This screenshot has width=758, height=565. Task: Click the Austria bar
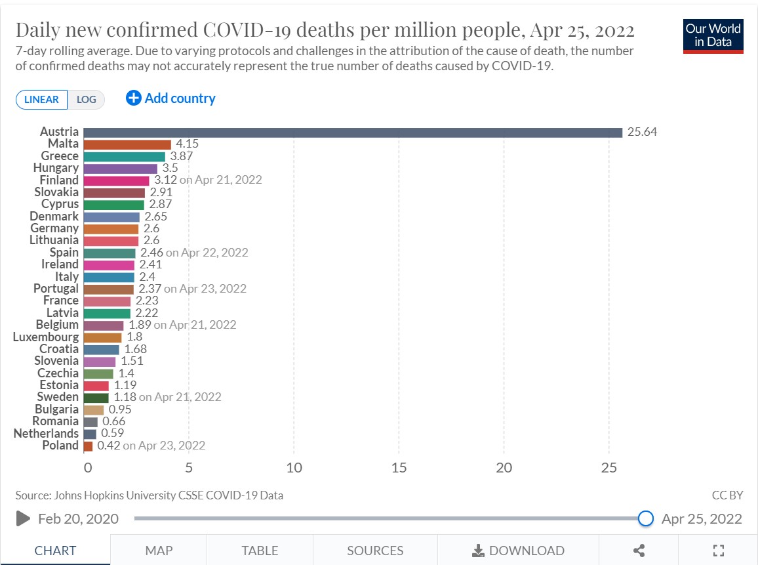click(x=353, y=133)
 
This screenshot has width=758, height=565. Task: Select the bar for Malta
click(x=127, y=144)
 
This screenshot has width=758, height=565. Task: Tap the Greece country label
click(x=60, y=156)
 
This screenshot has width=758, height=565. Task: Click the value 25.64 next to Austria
click(x=642, y=132)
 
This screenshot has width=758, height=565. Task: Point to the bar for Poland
click(x=88, y=446)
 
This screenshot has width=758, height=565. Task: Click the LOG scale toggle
click(x=86, y=100)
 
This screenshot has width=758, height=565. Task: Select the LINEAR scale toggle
click(x=42, y=100)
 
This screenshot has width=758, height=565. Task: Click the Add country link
click(x=170, y=98)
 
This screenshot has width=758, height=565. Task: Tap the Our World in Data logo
click(x=713, y=36)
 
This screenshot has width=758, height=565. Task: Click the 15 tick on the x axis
click(x=399, y=468)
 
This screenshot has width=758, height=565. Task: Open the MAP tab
click(x=159, y=551)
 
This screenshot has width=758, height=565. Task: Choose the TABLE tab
click(x=260, y=551)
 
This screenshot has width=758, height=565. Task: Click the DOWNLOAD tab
click(x=518, y=551)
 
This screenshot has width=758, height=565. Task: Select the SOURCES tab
click(x=375, y=551)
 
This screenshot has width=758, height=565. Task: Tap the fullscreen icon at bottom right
click(x=718, y=551)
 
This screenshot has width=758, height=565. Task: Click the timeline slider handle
click(x=646, y=518)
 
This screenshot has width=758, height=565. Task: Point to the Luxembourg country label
click(x=46, y=337)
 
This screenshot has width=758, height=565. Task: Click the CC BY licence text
click(x=727, y=495)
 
